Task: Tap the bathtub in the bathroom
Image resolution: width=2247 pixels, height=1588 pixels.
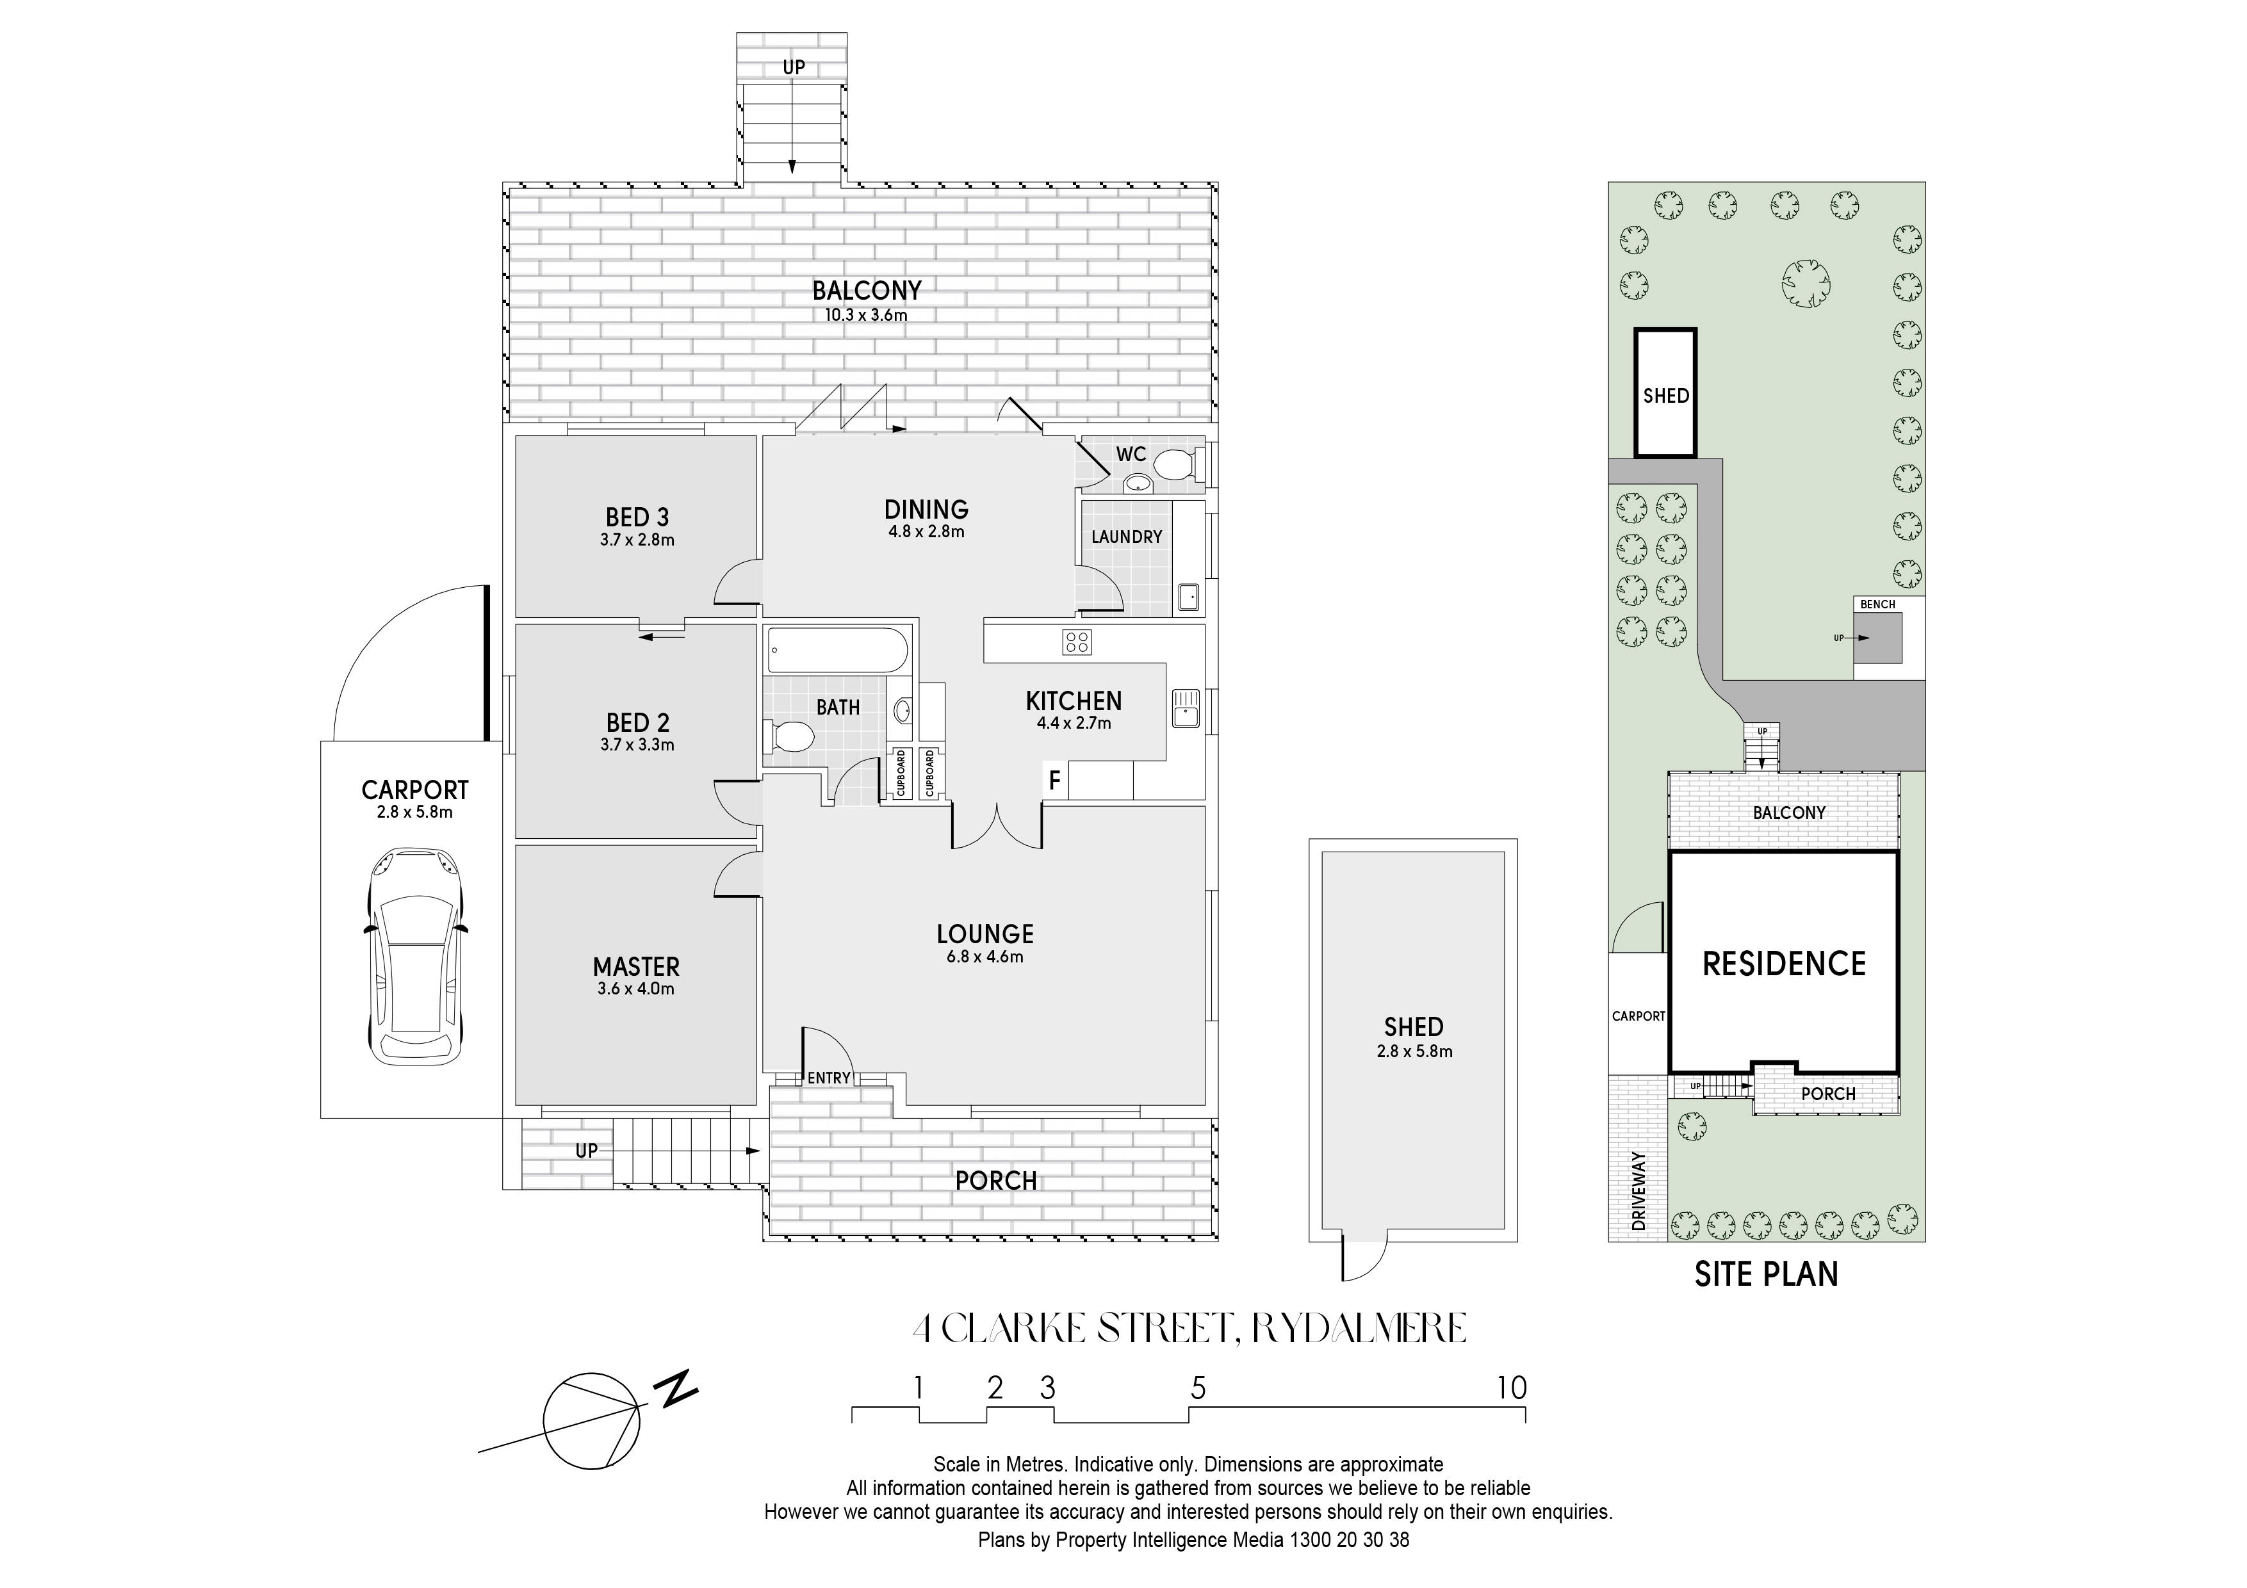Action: tap(838, 650)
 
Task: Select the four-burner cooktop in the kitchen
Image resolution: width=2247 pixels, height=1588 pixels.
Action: tap(1077, 642)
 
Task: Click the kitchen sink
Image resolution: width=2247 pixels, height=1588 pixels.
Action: tap(1185, 708)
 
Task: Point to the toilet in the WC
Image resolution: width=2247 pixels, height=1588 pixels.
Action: tap(1172, 465)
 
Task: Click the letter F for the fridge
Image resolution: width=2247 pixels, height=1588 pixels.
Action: tap(1055, 781)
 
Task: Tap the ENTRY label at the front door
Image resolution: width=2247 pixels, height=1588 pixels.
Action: tap(829, 1078)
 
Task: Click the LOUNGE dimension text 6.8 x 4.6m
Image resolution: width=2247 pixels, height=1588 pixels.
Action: tap(985, 957)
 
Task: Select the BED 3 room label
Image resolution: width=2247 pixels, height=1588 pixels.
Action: tap(637, 517)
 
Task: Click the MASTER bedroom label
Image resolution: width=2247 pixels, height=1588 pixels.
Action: tap(636, 967)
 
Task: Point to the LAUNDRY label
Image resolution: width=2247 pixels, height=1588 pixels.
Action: tap(1127, 537)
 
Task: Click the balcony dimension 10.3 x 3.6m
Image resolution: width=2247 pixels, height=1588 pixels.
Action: tap(866, 315)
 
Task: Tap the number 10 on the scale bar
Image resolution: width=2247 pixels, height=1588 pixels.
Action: tap(1512, 1388)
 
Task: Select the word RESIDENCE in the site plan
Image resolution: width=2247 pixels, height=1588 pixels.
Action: tap(1784, 964)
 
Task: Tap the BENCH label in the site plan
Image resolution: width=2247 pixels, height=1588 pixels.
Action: tap(1877, 604)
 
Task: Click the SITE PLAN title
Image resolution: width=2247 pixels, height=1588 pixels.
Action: tap(1767, 1274)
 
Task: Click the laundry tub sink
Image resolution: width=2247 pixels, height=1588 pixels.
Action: tap(1188, 597)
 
